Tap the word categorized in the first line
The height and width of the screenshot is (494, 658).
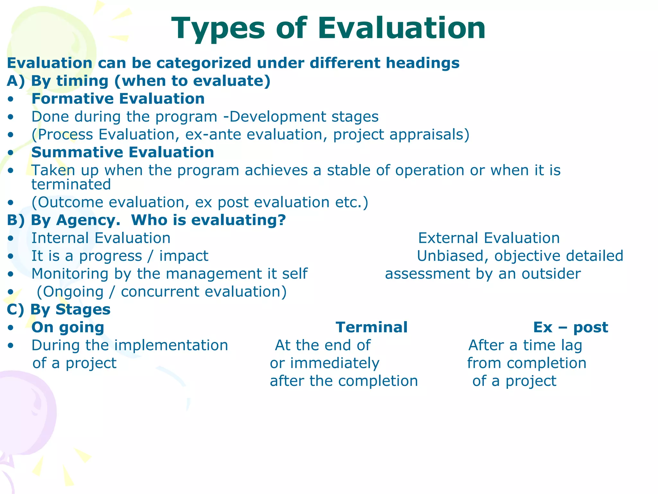[204, 63]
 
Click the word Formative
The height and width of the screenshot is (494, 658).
[72, 99]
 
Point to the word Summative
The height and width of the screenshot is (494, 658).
[75, 152]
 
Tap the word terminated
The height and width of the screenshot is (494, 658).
[71, 185]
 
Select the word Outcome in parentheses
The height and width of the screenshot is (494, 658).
[71, 203]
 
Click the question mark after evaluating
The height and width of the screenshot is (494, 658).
[281, 220]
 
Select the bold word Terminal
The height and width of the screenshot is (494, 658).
[372, 327]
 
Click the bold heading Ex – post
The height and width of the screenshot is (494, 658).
[571, 327]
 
